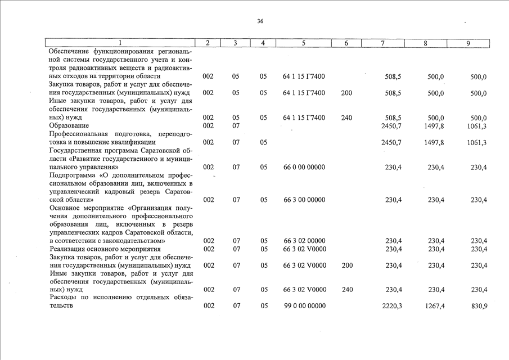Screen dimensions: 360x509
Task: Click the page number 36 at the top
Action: coord(260,21)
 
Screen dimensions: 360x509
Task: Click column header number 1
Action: coord(119,43)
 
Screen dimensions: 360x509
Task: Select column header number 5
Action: coord(303,43)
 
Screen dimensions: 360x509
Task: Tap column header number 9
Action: coord(468,43)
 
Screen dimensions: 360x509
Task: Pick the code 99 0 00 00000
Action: coord(305,306)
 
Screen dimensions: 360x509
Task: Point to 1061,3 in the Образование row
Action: coord(476,126)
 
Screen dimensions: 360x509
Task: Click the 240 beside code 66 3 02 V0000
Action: coord(346,290)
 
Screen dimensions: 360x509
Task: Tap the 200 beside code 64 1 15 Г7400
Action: coord(346,93)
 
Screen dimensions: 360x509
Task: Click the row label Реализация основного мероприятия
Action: coord(101,249)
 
